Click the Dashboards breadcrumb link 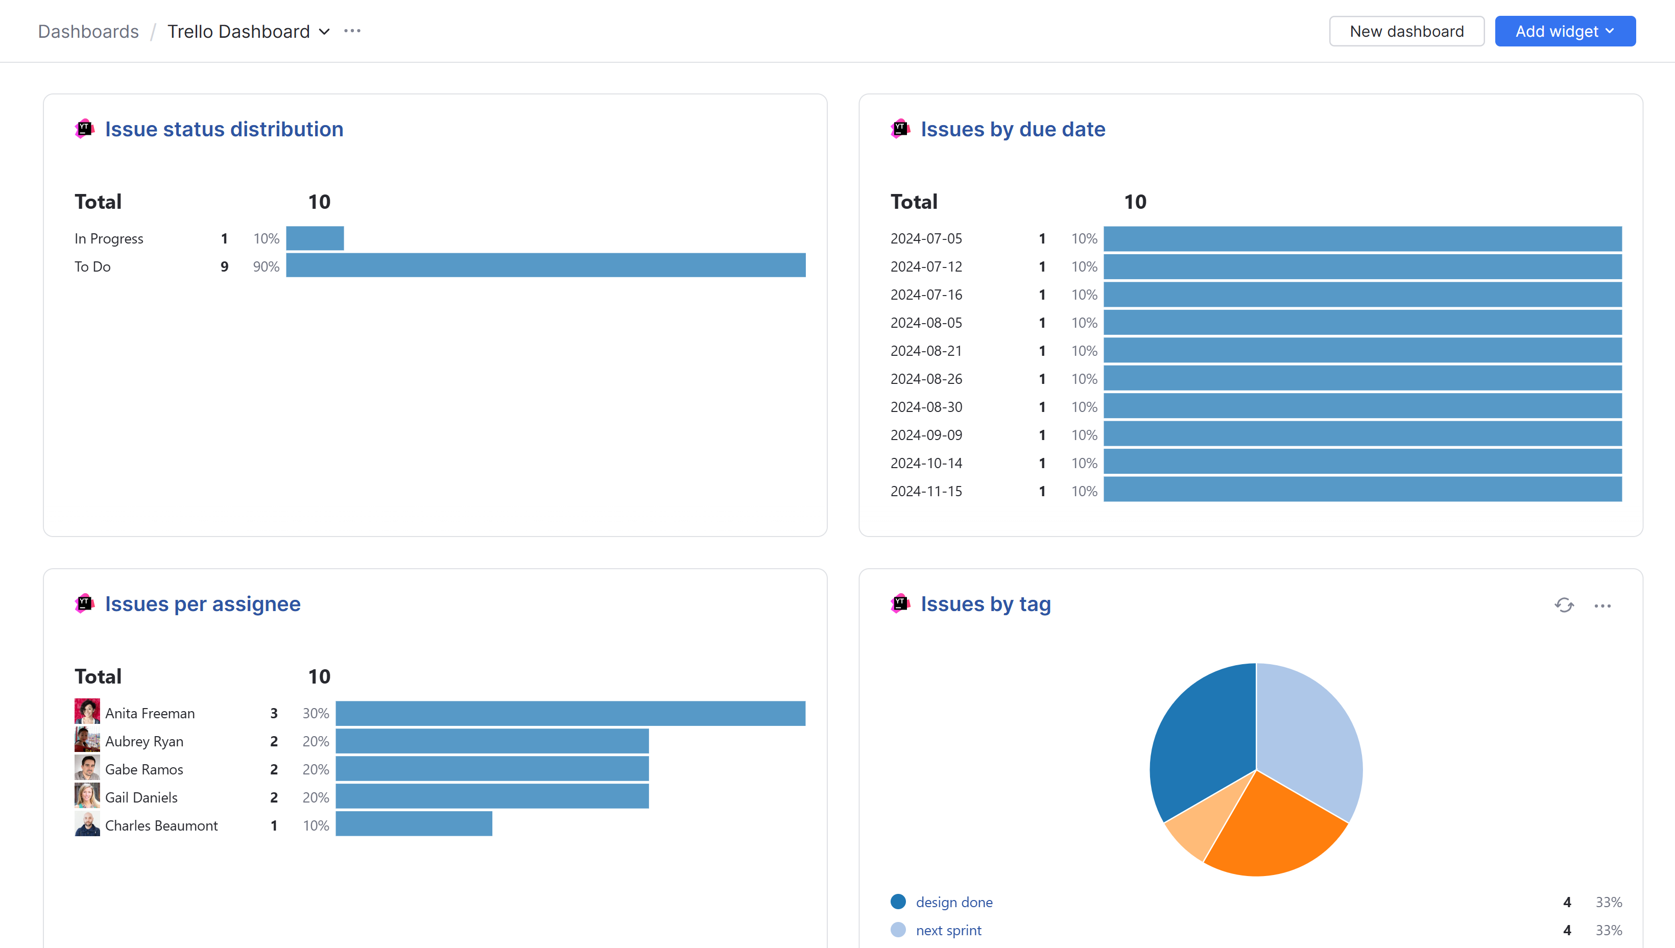(x=88, y=31)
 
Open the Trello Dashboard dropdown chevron (x=324, y=32)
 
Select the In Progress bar (x=315, y=238)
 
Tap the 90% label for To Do (x=266, y=267)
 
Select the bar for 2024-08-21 (x=1362, y=351)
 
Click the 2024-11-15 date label (x=925, y=492)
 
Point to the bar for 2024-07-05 (x=1362, y=239)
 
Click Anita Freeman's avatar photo (x=87, y=712)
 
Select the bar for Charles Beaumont (x=414, y=824)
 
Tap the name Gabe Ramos (x=144, y=770)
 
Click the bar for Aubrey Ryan (x=492, y=741)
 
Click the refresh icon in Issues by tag (x=1564, y=605)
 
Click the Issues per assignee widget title (x=203, y=604)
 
